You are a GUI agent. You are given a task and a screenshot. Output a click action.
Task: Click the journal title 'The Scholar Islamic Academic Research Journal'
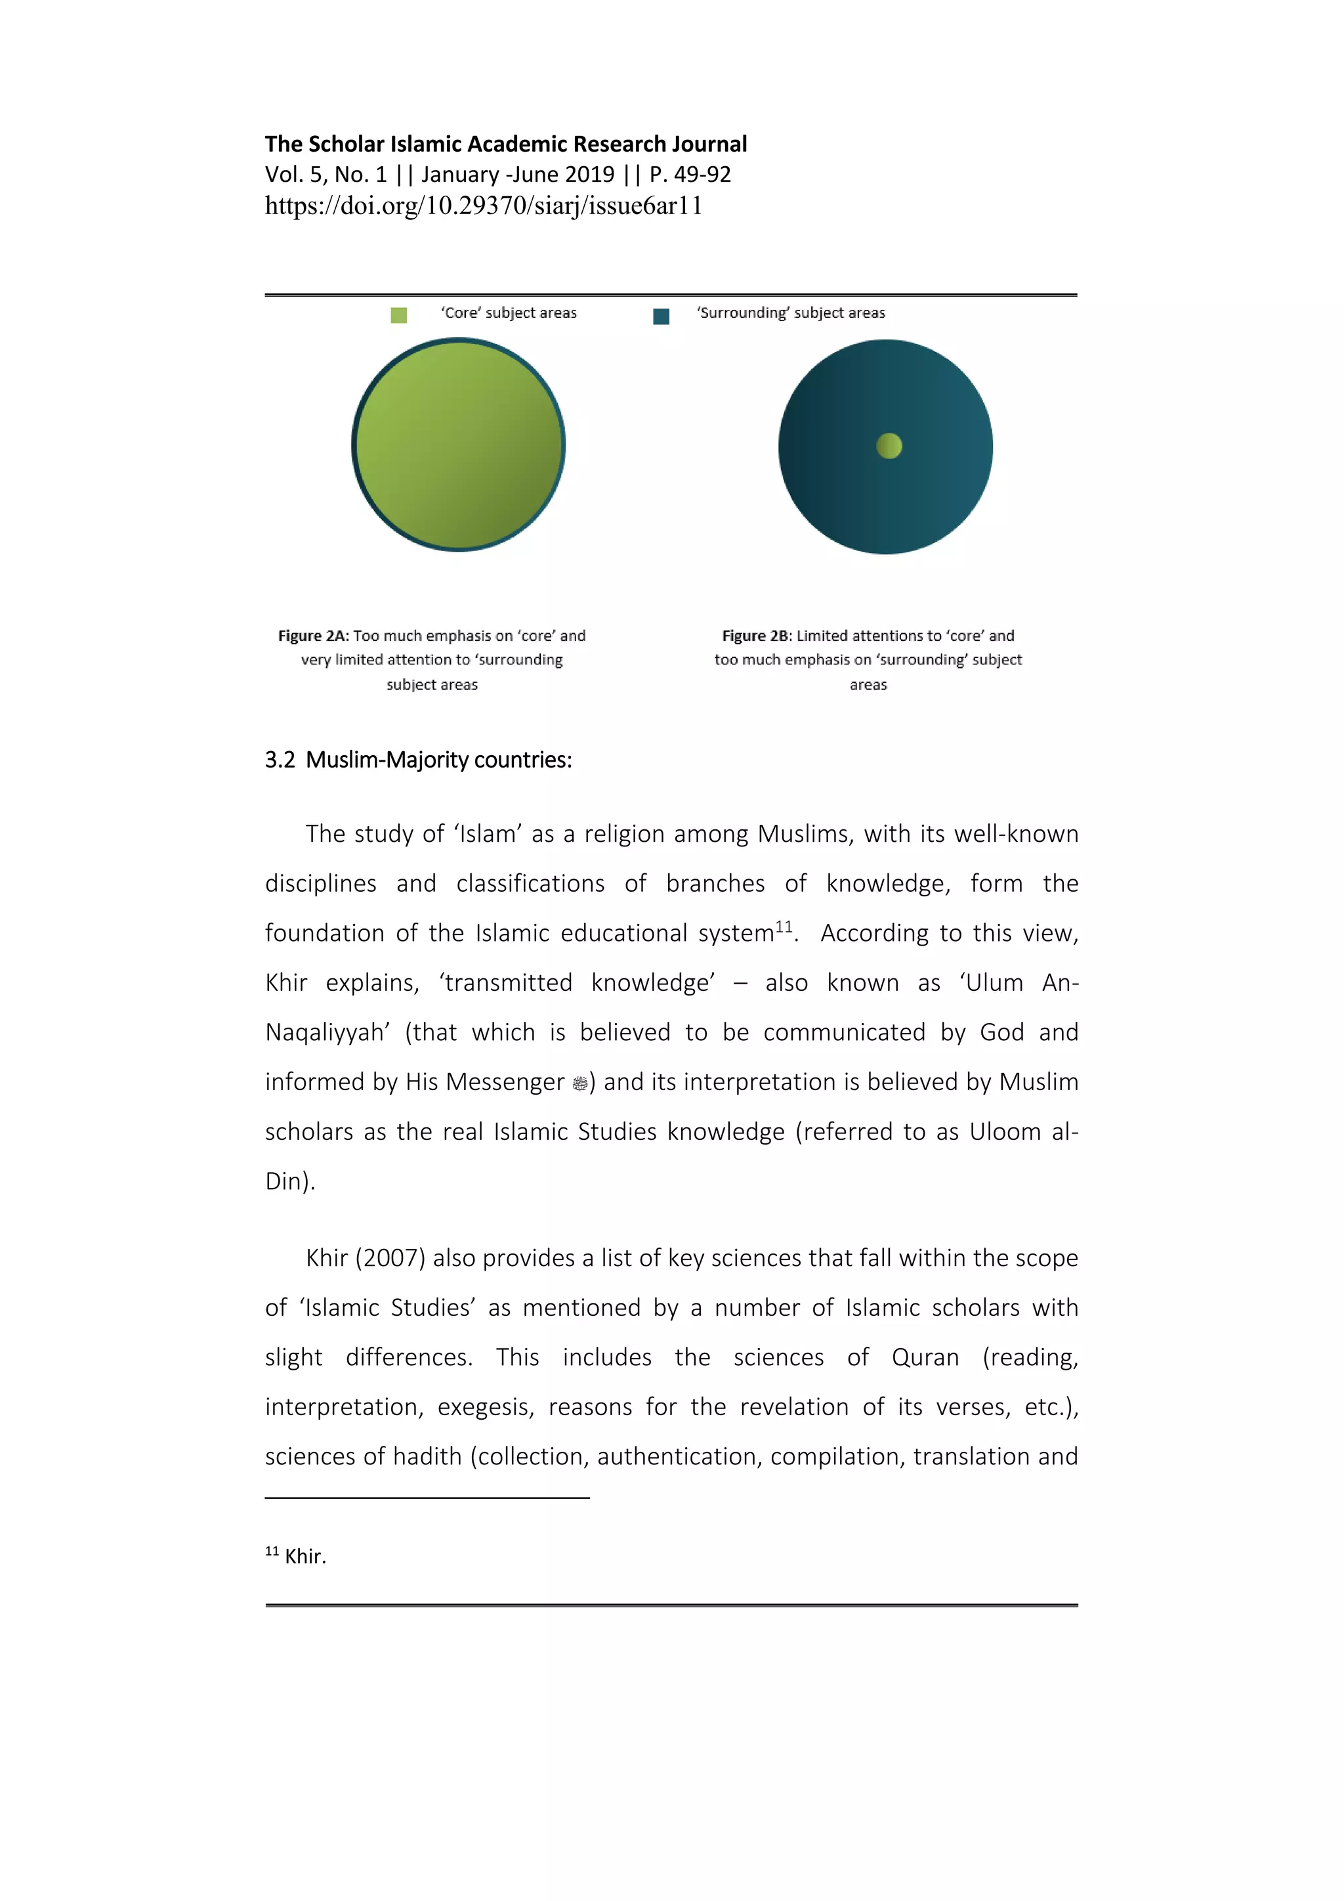click(x=506, y=144)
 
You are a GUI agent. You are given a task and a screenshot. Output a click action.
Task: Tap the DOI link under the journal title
click(x=483, y=206)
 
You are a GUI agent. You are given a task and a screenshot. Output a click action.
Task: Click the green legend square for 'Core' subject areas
click(x=399, y=315)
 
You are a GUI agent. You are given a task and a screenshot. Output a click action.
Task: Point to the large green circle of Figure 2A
click(x=459, y=445)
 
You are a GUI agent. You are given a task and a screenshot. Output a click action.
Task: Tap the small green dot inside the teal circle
click(x=889, y=447)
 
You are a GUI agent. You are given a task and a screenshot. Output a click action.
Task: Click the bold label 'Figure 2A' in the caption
click(x=312, y=636)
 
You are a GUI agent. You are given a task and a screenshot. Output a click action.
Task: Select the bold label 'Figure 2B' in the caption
click(x=755, y=636)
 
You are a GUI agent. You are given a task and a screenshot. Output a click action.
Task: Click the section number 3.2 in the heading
click(x=280, y=760)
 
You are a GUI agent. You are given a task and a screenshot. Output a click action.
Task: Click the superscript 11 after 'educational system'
click(x=784, y=927)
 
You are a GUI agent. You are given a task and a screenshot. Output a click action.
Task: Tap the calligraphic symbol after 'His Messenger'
click(x=580, y=1083)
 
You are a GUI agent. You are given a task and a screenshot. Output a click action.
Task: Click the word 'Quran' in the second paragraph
click(x=925, y=1358)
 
